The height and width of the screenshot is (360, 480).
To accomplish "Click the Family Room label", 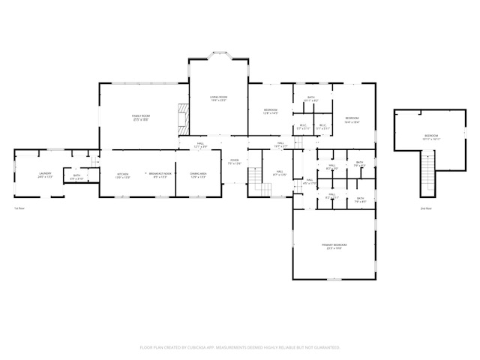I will [x=141, y=118].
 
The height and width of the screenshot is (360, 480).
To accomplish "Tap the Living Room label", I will [x=218, y=99].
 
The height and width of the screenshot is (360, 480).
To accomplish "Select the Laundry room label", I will [x=45, y=175].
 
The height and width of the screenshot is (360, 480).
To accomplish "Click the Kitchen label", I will [x=122, y=175].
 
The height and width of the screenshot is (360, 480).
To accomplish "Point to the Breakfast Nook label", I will [x=160, y=175].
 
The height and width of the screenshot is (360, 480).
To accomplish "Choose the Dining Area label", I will [x=198, y=175].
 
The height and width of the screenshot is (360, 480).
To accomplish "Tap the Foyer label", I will [x=235, y=161].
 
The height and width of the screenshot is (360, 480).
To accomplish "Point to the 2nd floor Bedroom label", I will [x=430, y=137].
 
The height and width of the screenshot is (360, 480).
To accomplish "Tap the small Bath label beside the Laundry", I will [x=76, y=177].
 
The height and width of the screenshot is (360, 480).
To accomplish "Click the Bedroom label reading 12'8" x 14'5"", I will [x=271, y=112].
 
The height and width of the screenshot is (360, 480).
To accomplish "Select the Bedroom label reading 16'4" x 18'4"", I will [x=352, y=120].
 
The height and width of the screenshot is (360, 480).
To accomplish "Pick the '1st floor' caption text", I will [x=20, y=208].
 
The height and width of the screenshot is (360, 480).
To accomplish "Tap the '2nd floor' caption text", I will [x=426, y=208].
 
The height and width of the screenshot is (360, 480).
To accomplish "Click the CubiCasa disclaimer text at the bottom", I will [x=240, y=347].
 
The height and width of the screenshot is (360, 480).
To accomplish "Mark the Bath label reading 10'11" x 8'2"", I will [x=311, y=99].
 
